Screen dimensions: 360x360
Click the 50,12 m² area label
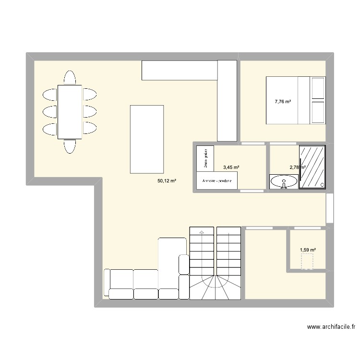167,181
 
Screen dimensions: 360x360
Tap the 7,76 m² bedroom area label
283,101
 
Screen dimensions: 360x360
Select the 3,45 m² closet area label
231,168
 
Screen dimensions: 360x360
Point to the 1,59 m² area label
308,250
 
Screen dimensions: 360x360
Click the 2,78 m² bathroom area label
297,168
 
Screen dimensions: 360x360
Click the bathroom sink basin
284,181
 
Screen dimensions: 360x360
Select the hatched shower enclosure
312,167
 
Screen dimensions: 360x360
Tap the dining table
70,112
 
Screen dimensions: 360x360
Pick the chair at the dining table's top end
70,78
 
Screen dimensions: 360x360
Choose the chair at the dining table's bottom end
70,146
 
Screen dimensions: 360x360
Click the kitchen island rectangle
146,139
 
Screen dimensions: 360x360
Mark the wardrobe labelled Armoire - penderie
217,181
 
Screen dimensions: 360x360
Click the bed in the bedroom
295,100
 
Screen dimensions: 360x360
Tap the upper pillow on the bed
318,88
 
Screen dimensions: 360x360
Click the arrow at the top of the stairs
202,232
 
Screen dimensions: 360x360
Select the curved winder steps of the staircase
215,286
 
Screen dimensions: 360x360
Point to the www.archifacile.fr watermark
331,327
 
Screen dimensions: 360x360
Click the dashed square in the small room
307,262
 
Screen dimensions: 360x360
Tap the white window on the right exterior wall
329,208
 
